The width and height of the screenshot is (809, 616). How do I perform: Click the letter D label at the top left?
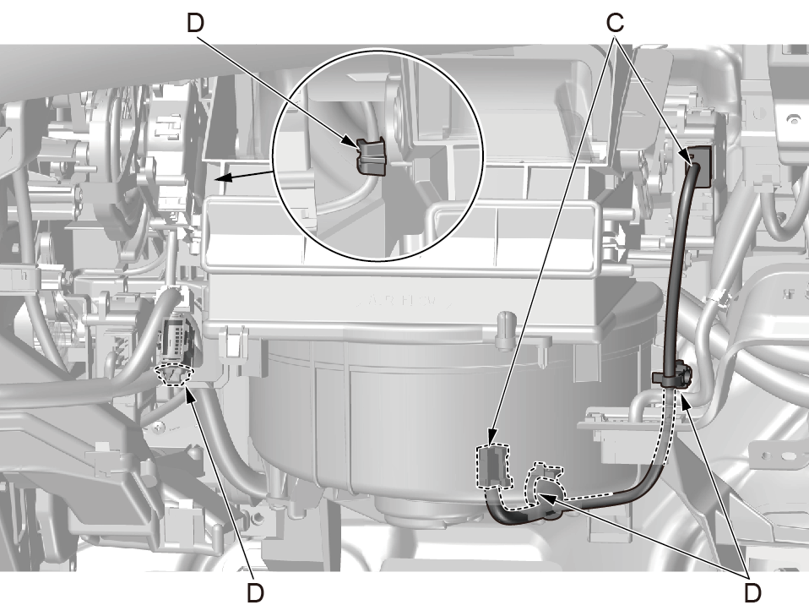[x=196, y=23]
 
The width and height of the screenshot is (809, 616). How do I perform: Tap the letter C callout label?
[x=615, y=23]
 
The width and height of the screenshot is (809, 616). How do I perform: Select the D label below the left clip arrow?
[x=255, y=593]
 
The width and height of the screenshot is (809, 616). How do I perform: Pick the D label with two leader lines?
[x=752, y=593]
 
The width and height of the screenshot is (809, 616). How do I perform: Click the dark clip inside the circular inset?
[x=372, y=155]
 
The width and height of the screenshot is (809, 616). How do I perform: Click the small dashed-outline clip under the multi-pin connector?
[x=176, y=375]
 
